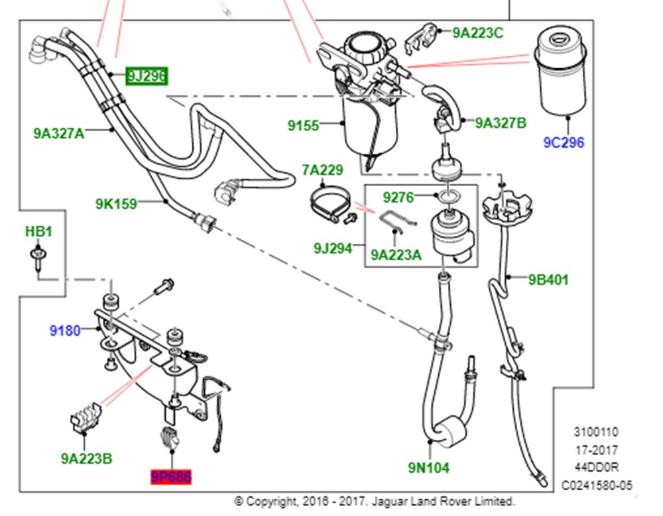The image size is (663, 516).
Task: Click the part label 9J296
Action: (146, 76)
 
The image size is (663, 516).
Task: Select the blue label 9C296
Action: (564, 142)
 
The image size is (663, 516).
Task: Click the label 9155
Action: (303, 125)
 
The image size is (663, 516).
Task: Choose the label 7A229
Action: (322, 170)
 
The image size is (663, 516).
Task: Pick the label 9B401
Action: (548, 280)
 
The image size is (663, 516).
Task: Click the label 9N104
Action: (428, 468)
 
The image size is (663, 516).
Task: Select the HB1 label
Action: (38, 232)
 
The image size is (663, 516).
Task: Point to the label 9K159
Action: (115, 203)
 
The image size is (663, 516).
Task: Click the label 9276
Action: (398, 197)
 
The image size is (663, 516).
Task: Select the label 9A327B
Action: (501, 123)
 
